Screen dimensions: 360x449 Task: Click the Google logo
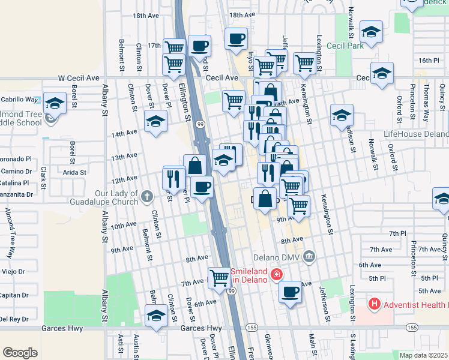(20, 353)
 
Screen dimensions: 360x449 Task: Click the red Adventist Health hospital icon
(375, 304)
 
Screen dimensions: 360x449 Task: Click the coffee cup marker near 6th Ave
(291, 292)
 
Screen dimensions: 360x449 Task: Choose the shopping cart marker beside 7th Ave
(220, 277)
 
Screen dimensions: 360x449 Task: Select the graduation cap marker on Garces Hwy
(156, 315)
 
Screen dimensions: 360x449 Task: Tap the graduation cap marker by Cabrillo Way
(55, 103)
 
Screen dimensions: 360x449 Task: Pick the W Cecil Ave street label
(78, 78)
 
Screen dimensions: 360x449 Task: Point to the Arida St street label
(74, 172)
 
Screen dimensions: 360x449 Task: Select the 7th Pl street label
(397, 233)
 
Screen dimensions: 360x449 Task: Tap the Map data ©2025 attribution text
(423, 355)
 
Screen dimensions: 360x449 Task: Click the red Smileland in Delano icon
(276, 275)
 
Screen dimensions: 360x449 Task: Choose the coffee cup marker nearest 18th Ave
(237, 38)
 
